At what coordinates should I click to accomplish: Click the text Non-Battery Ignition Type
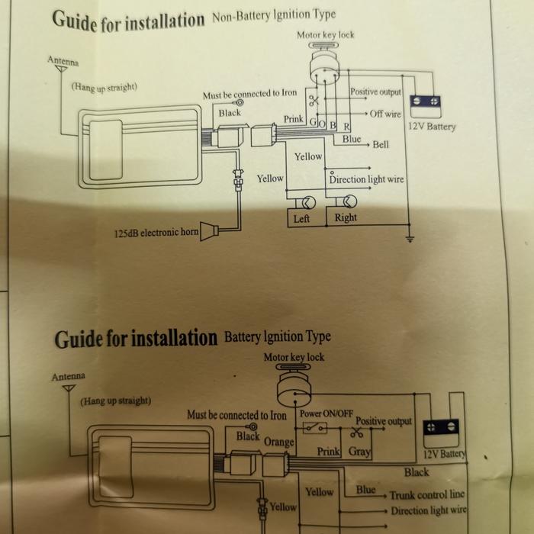click(274, 14)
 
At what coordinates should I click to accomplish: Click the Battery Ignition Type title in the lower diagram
click(278, 336)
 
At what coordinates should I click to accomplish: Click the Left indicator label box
click(302, 219)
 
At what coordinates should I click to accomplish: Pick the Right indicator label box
click(346, 218)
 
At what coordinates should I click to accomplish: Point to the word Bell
click(381, 145)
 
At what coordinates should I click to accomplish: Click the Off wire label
click(385, 114)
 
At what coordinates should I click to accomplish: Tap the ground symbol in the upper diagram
click(410, 239)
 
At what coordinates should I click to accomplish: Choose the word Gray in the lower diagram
click(359, 452)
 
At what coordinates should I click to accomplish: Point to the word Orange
click(278, 442)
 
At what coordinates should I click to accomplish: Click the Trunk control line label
click(427, 495)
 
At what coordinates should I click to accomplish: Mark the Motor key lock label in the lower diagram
click(294, 357)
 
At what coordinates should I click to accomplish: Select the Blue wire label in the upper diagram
click(352, 140)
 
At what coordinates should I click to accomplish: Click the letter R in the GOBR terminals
click(346, 126)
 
